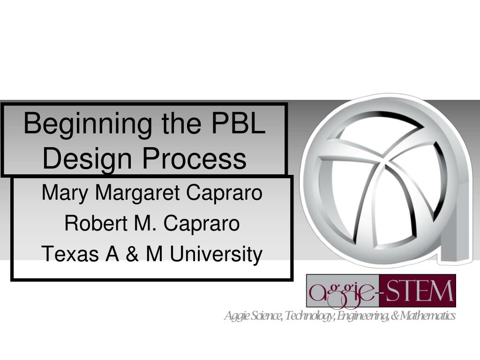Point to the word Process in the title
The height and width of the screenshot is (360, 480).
click(x=195, y=158)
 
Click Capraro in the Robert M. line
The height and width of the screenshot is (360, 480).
click(x=202, y=224)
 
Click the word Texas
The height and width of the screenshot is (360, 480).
click(x=70, y=254)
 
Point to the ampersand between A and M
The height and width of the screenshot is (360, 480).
click(x=132, y=254)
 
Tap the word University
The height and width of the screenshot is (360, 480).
click(x=216, y=255)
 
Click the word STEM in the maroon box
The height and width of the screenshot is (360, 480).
click(x=419, y=291)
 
